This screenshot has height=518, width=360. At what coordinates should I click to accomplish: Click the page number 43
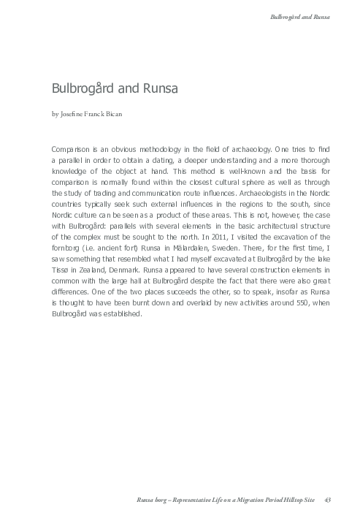[x=327, y=499]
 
